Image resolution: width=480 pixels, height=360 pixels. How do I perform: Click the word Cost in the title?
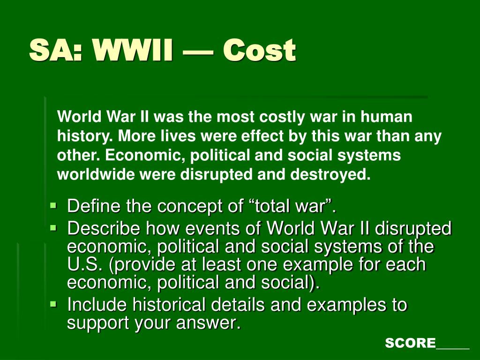(259, 50)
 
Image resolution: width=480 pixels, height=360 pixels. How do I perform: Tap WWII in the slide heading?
(133, 50)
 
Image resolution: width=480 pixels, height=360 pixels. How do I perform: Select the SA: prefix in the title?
(56, 50)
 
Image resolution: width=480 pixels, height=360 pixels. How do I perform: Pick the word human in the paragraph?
(386, 117)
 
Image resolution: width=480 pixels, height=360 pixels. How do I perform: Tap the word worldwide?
(97, 174)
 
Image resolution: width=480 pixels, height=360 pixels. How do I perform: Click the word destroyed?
(330, 174)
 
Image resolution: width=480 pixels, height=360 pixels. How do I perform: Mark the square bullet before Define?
(53, 204)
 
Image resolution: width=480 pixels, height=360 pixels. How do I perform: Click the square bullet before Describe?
(53, 228)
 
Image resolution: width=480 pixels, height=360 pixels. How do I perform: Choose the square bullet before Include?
(53, 304)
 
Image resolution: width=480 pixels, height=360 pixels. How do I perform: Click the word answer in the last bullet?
(209, 323)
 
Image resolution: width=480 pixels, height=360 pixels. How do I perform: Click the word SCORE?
(410, 343)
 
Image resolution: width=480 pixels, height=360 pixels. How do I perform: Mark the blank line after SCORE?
(452, 348)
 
